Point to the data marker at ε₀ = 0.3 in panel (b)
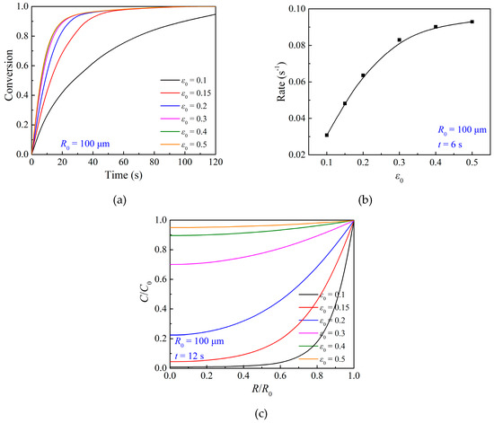(400, 40)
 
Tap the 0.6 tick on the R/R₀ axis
(280, 375)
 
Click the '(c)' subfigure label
(262, 413)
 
